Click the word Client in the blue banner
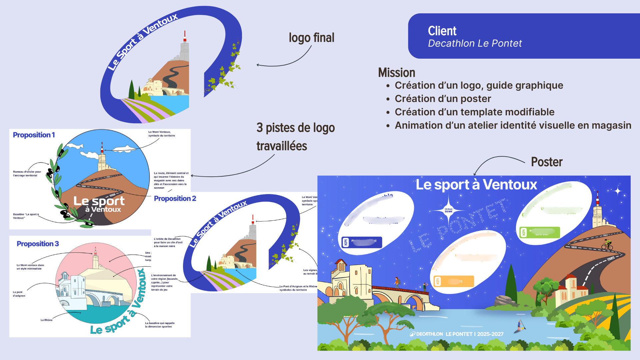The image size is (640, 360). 442,31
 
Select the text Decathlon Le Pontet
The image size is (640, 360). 475,43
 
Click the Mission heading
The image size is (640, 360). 396,73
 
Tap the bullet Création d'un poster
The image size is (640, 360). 443,99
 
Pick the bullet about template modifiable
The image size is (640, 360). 474,112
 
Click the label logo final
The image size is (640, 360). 311,38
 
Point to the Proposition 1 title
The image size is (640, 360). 34,135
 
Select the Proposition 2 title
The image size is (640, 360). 175,199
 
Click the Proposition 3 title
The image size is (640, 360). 38,244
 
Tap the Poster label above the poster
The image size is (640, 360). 547,162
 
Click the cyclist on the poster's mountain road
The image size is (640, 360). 607,245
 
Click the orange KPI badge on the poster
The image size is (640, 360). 453,281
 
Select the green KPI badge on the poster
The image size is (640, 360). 540,232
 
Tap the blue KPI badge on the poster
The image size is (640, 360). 362,242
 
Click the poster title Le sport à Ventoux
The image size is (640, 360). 476,185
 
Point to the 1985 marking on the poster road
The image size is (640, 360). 611,259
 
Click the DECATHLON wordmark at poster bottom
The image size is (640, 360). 427,334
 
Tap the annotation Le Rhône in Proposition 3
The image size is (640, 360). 47,320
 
